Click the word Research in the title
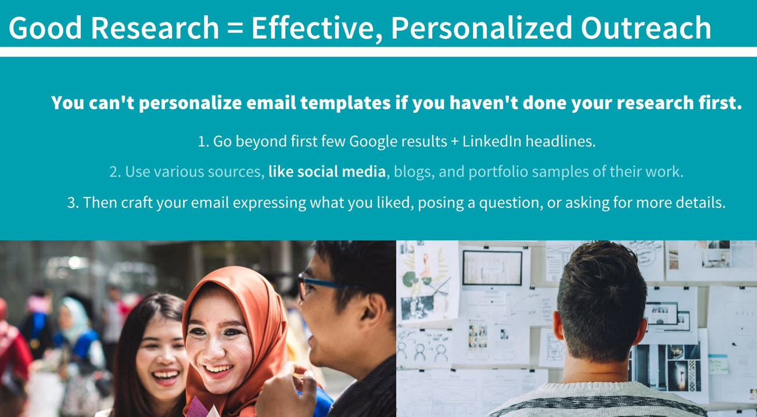155,28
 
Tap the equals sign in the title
235,28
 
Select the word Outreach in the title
646,28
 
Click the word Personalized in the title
482,28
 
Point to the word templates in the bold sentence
345,103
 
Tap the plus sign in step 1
455,142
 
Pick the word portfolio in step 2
498,172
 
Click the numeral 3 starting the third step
71,203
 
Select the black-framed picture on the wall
492,268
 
